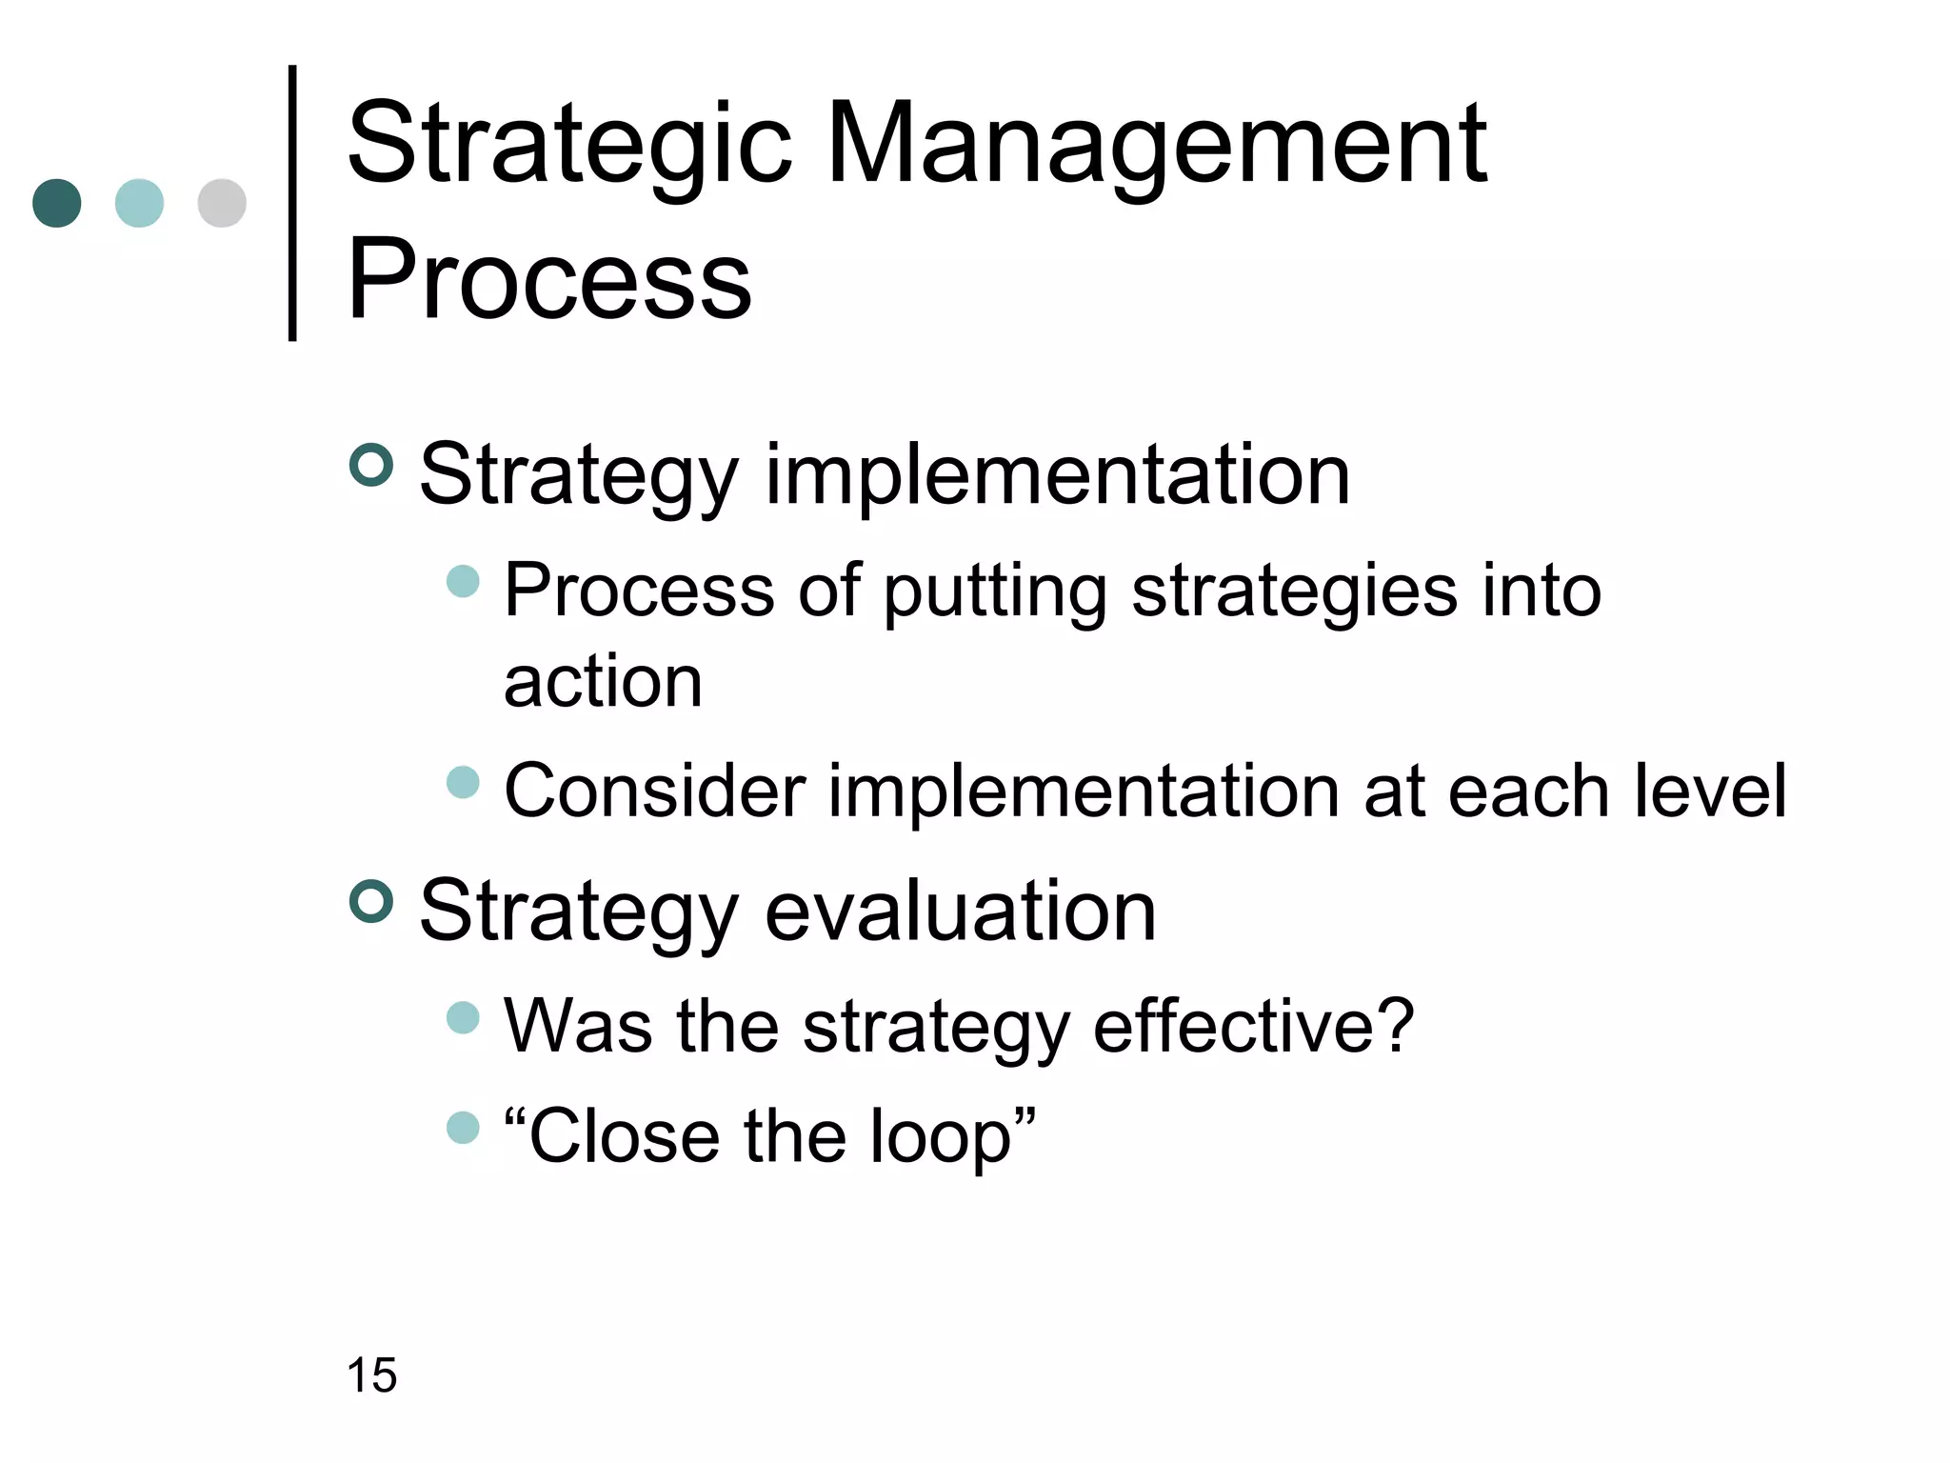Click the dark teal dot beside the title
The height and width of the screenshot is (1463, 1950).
click(57, 203)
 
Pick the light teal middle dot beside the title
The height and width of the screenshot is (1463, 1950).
click(139, 203)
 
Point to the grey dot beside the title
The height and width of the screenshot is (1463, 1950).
click(222, 203)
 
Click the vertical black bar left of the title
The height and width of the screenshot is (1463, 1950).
click(292, 203)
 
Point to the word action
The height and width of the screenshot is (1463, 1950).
click(603, 682)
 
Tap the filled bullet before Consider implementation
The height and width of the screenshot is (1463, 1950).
click(463, 782)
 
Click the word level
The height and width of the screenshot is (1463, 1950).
click(1710, 791)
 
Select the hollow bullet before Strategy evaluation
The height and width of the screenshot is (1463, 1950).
click(371, 901)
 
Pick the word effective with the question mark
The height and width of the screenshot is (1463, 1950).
click(1253, 1027)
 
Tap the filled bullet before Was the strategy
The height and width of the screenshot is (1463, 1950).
click(463, 1017)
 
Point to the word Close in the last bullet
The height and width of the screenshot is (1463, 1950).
click(624, 1137)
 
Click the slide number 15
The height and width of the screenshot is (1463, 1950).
click(371, 1375)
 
